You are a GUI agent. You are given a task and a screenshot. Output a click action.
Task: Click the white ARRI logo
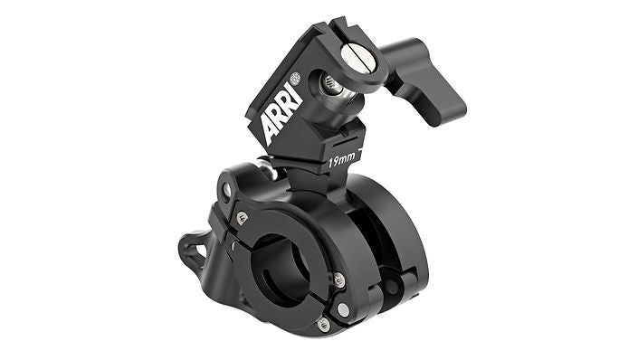[x=281, y=113]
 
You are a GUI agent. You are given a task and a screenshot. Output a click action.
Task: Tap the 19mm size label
[x=342, y=161]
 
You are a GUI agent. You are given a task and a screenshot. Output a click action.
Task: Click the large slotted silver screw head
[x=357, y=56]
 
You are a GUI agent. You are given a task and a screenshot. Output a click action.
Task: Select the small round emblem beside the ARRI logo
[x=295, y=78]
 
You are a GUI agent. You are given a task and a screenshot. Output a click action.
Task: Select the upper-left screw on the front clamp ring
[x=242, y=218]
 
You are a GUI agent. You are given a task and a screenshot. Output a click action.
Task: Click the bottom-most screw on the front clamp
[x=323, y=324]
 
